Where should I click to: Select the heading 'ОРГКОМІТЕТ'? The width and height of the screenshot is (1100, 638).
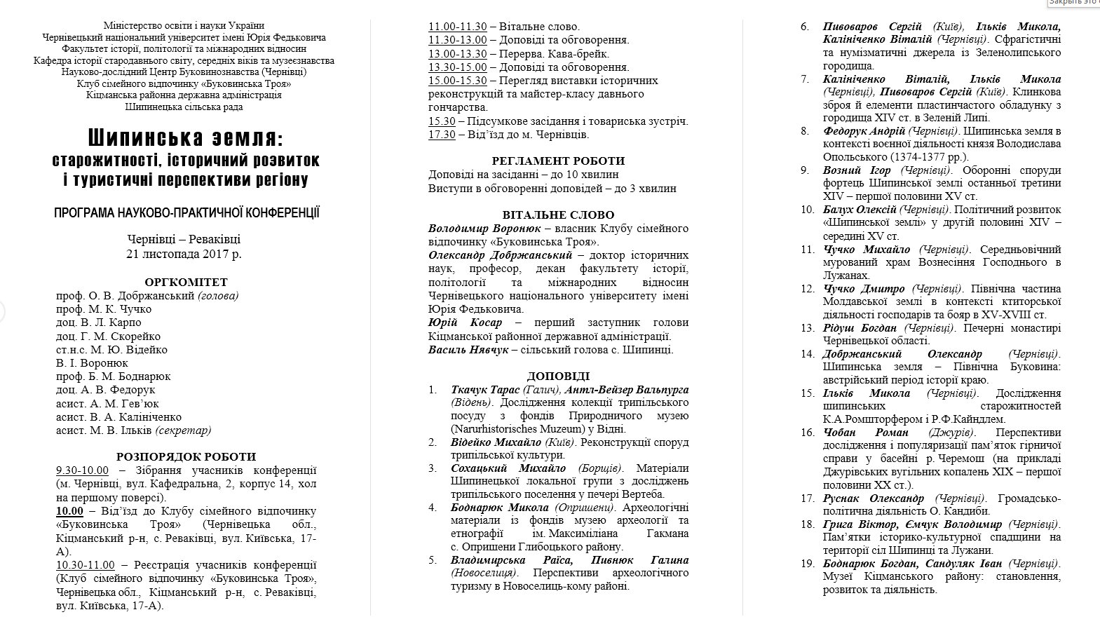coord(186,282)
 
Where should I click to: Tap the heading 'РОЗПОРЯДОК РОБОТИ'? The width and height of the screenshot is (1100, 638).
coord(186,456)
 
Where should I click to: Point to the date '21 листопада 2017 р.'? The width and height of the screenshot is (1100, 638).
coord(184,254)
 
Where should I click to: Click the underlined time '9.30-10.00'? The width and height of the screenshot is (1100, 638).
coord(83,470)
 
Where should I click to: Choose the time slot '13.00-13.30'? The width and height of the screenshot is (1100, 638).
coord(457,54)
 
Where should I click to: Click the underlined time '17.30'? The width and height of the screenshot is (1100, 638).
coord(442,134)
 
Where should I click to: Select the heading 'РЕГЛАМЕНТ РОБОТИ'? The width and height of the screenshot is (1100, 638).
coord(558,161)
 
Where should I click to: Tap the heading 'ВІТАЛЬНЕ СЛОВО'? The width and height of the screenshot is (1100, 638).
coord(558,215)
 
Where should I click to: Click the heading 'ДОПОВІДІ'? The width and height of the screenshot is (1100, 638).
coord(558,376)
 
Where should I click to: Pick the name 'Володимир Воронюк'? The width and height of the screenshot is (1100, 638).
coord(484,229)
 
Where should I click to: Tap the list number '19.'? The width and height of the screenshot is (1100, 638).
coord(808,563)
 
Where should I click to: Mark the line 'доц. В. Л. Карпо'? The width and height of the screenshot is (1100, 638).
coord(99,323)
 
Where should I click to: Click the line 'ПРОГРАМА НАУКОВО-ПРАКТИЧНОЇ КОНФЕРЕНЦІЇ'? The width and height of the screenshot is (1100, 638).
coord(186,212)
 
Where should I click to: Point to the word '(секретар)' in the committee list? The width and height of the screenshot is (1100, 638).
coord(183,430)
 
